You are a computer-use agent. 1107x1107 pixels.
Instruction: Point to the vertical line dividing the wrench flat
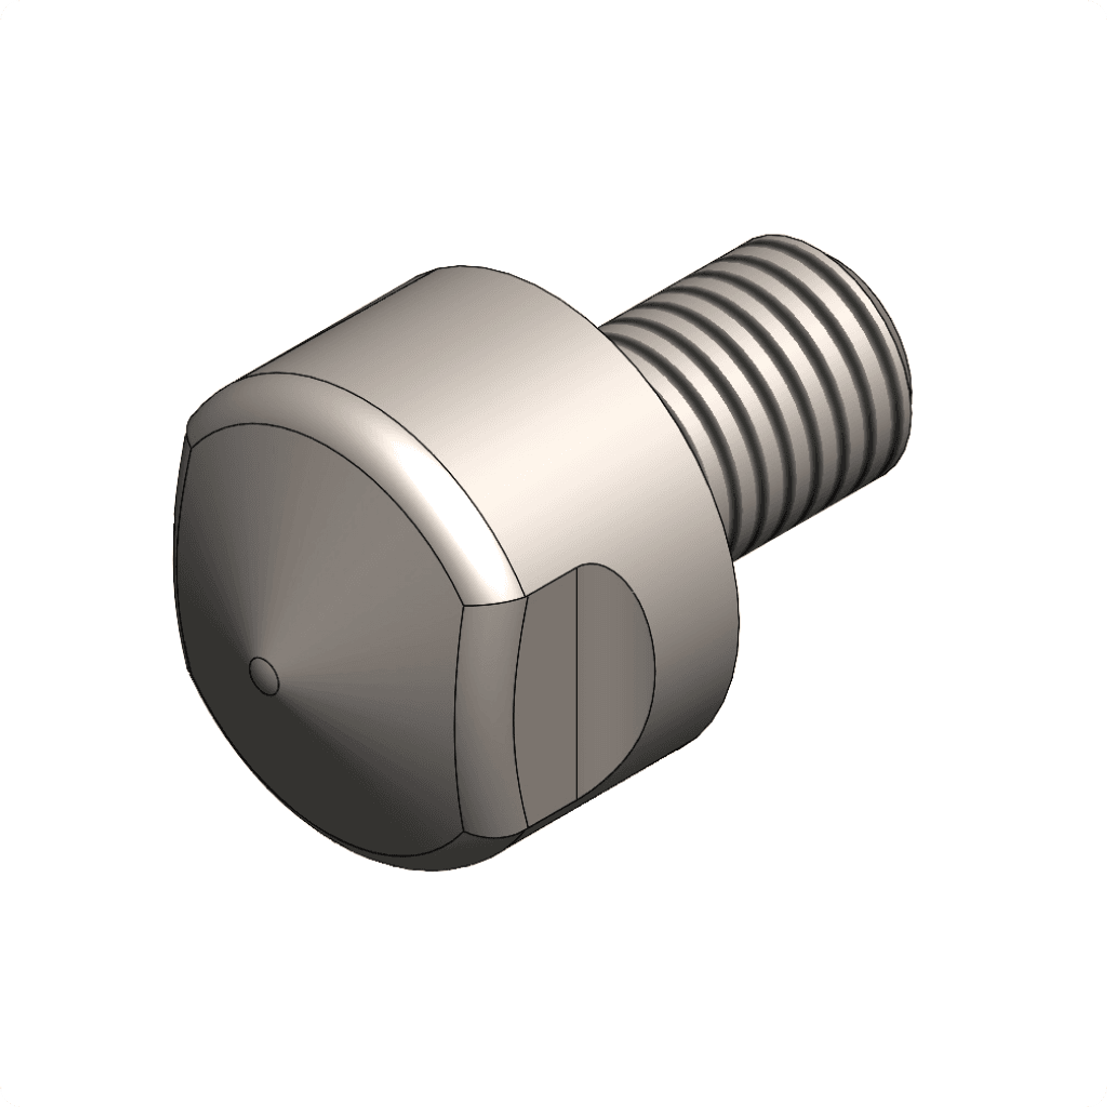pyautogui.click(x=576, y=688)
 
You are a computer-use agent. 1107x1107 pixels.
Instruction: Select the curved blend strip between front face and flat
pyautogui.click(x=487, y=716)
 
